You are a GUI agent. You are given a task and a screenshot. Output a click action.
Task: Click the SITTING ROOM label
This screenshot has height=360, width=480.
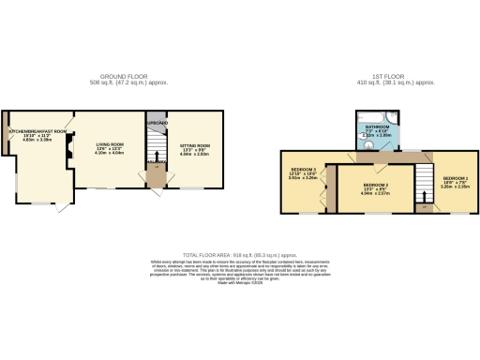click(195, 145)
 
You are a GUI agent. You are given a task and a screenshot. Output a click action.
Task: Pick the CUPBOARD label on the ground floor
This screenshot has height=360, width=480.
click(157, 123)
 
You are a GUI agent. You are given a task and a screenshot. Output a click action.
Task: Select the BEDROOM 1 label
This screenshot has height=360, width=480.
click(456, 177)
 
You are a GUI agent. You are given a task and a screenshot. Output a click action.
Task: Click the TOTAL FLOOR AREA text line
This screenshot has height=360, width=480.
click(239, 254)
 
